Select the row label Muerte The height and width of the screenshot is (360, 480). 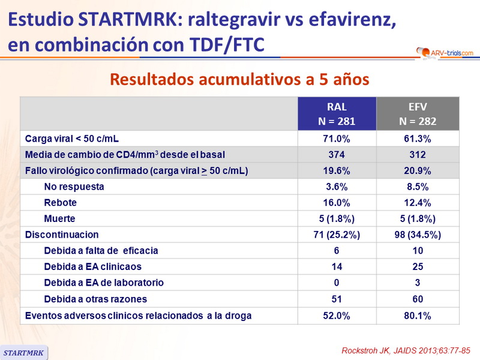tap(59, 218)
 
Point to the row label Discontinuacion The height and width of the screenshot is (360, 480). tap(62, 235)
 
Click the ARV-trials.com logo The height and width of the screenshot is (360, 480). tap(444, 53)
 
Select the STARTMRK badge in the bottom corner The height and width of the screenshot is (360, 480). tap(24, 352)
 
